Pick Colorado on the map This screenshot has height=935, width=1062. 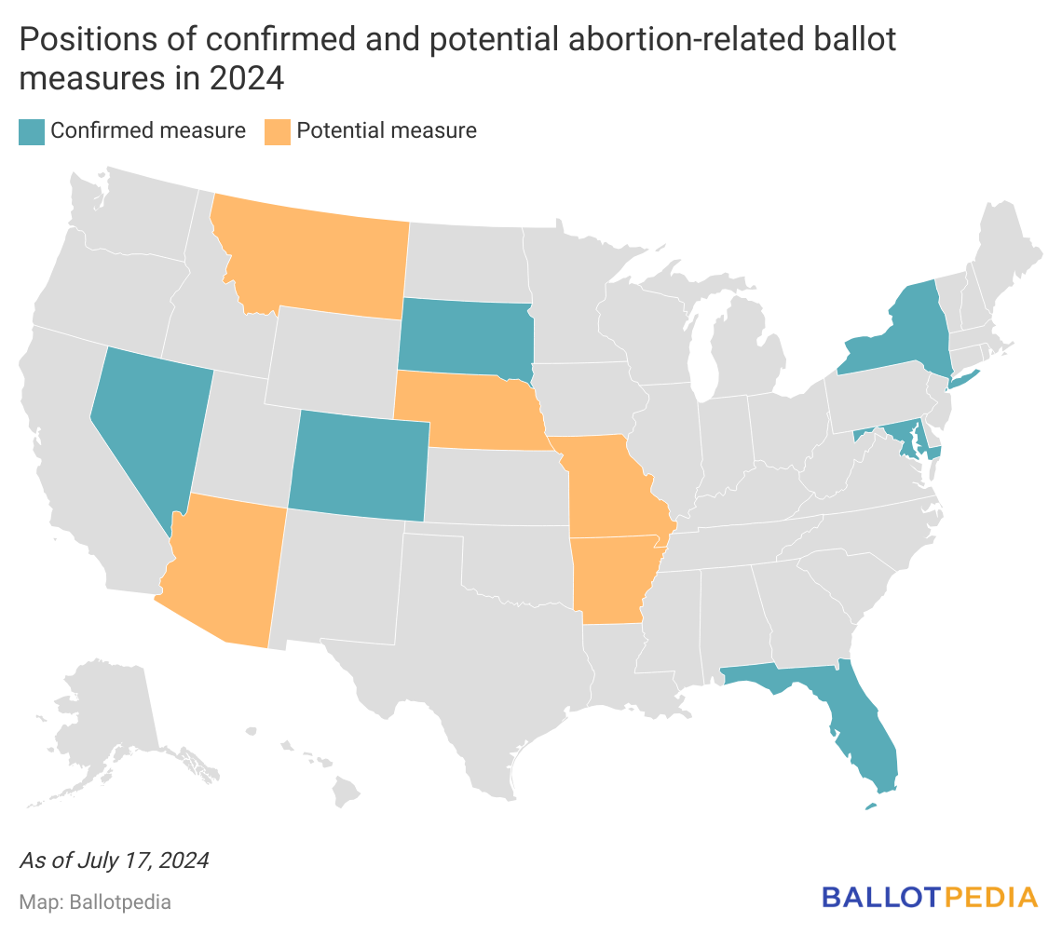(359, 466)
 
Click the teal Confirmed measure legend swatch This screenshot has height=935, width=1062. (31, 131)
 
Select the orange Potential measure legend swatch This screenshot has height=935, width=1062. (277, 131)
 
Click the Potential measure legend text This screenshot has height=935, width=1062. (387, 131)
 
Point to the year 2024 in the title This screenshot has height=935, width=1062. (246, 78)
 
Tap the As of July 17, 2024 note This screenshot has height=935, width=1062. (114, 860)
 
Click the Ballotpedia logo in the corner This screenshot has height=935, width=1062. (929, 897)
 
